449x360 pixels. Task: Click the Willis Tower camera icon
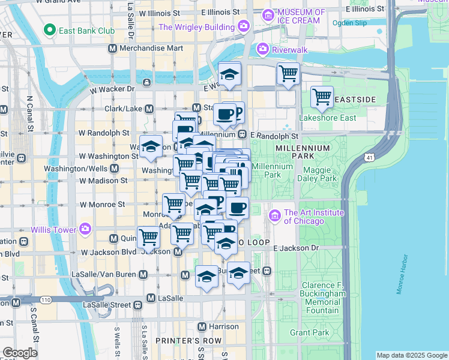point(85,229)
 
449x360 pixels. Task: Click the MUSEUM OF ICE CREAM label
point(301,17)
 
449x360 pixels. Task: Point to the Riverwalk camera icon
point(262,49)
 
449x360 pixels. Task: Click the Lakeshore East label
point(324,118)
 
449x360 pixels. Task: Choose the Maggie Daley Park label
point(321,174)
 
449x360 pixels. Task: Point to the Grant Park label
point(309,332)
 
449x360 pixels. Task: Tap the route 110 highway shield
point(46,299)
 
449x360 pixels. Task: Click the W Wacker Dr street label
point(112,89)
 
